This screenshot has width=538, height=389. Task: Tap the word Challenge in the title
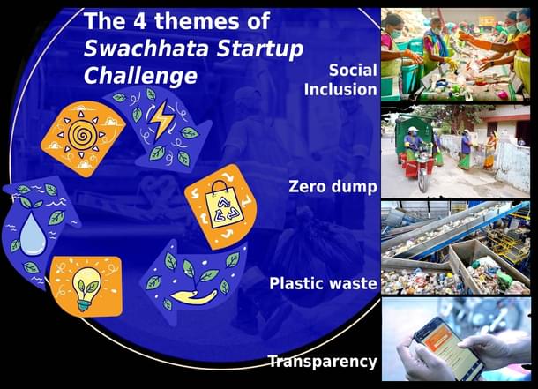tap(140, 76)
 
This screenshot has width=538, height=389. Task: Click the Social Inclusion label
tap(340, 79)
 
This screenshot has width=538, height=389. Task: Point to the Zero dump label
tap(333, 186)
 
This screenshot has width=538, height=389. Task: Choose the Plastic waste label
tap(323, 284)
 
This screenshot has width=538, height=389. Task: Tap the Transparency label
tap(322, 362)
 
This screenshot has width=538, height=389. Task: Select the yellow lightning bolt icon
tap(161, 121)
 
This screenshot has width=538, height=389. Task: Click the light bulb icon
tap(86, 286)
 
